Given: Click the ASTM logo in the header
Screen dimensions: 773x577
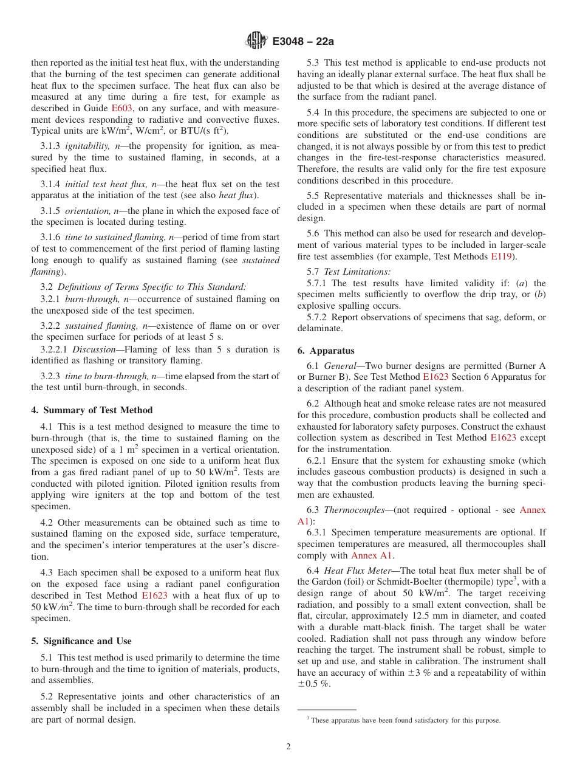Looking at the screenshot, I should pyautogui.click(x=256, y=41).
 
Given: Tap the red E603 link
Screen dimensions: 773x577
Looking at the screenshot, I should pyautogui.click(x=121, y=108).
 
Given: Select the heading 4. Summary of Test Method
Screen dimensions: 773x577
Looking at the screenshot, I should pyautogui.click(x=92, y=410).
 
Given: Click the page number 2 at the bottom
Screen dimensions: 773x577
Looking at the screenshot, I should pyautogui.click(x=288, y=747).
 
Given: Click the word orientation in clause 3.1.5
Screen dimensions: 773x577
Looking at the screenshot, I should pyautogui.click(x=86, y=211).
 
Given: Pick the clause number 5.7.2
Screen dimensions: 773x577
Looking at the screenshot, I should pyautogui.click(x=319, y=317).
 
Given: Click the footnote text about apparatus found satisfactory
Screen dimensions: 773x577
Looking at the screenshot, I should pyautogui.click(x=405, y=720).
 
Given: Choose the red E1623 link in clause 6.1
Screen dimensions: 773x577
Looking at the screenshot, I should pyautogui.click(x=435, y=377).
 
